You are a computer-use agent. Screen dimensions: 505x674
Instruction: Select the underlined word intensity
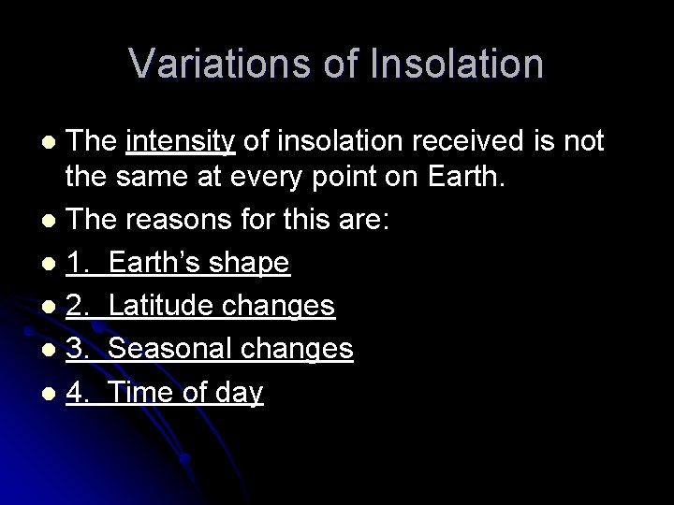pos(179,141)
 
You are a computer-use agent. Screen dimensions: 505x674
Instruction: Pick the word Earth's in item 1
pos(155,266)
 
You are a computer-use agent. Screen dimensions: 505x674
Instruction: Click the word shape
pos(249,266)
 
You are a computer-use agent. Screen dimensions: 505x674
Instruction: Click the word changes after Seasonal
pos(299,349)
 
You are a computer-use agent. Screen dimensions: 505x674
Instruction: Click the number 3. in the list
pos(79,349)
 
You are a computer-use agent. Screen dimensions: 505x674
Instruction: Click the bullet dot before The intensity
pos(51,142)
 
